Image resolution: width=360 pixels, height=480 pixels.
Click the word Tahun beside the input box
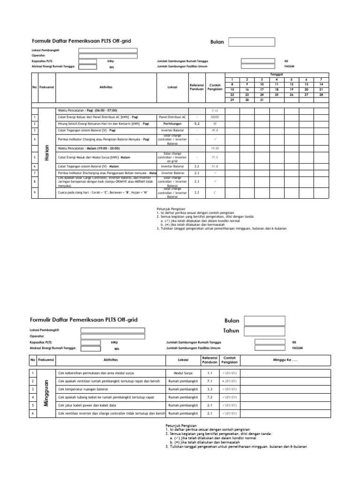tap(231, 330)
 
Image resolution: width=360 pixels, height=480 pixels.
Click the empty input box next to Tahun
tap(261, 330)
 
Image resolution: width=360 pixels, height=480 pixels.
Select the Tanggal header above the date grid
tap(277, 75)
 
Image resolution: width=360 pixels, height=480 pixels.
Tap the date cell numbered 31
tap(262, 100)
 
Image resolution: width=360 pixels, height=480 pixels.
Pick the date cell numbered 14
tap(321, 84)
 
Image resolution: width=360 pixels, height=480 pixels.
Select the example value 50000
tap(215, 117)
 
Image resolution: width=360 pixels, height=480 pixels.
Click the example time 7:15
tap(215, 110)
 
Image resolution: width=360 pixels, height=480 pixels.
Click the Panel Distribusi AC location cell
tap(172, 117)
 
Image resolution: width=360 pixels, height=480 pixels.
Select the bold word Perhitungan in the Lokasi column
tap(172, 123)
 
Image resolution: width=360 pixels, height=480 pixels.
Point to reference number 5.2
tap(197, 123)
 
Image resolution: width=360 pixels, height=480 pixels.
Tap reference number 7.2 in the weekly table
tap(210, 397)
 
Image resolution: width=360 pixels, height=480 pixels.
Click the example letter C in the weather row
tap(215, 192)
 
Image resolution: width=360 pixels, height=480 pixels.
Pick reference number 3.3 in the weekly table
tap(210, 389)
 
